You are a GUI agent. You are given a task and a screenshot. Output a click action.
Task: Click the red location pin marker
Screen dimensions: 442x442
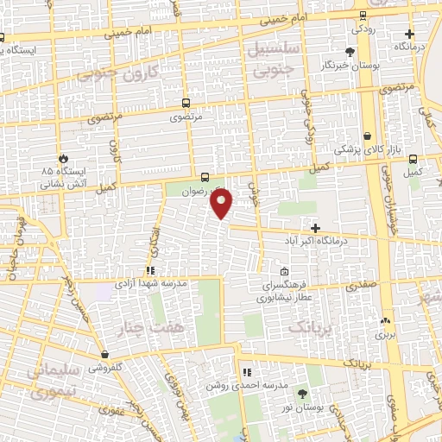tap(222, 204)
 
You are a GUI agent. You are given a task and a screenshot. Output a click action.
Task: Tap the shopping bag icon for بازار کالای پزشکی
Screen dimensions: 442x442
tap(369, 136)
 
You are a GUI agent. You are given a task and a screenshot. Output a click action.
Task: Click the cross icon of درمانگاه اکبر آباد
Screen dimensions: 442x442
tap(316, 228)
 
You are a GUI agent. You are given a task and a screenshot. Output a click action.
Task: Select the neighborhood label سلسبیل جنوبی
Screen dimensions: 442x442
tap(272, 57)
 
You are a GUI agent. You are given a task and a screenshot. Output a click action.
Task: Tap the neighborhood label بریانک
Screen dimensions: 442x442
tap(309, 327)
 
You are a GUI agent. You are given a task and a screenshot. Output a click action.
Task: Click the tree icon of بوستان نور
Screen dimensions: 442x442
tap(300, 394)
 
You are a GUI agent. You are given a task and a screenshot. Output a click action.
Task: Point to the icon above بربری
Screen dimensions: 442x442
tap(385, 320)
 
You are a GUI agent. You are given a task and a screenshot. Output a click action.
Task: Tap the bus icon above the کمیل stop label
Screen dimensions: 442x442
tap(414, 160)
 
